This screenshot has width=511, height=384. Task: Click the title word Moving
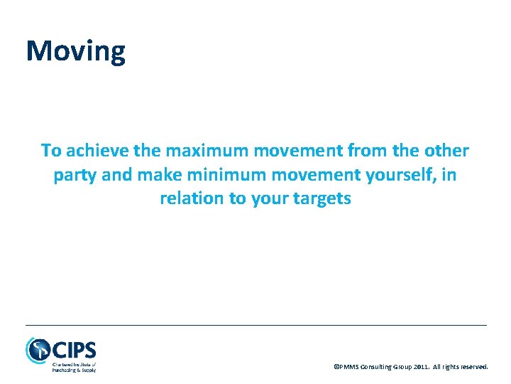[x=75, y=51]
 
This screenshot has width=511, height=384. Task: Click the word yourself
[x=396, y=175]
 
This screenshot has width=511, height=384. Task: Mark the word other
[x=446, y=151]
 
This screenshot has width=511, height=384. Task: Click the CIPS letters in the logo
[x=73, y=350]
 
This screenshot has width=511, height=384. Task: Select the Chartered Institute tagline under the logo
[x=73, y=367]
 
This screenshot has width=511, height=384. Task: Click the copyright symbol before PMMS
[x=336, y=367]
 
